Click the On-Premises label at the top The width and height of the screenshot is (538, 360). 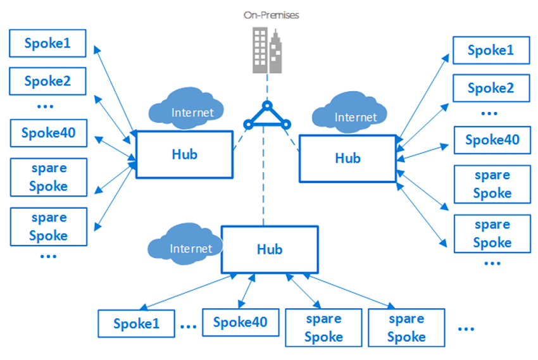tap(271, 13)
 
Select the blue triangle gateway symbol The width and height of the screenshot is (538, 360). tap(266, 116)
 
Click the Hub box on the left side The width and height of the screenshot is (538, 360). tap(184, 154)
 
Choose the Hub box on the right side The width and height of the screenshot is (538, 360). tap(347, 158)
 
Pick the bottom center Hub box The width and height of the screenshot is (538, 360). tap(269, 249)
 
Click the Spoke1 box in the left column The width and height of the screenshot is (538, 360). tap(47, 44)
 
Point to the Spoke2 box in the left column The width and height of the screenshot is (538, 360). tap(47, 81)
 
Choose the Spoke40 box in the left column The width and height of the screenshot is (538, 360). tap(48, 133)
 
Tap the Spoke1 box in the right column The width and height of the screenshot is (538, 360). tap(491, 51)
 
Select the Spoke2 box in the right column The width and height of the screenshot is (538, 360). tap(491, 89)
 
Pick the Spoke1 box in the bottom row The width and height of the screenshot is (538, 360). tap(136, 324)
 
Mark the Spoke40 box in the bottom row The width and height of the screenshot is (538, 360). tap(240, 322)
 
